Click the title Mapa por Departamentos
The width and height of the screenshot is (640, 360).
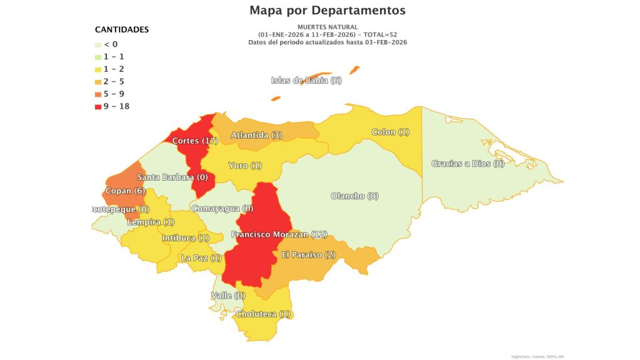click(327, 11)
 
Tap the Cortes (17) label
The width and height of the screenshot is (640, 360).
click(195, 141)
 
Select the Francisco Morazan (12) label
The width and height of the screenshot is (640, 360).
click(279, 234)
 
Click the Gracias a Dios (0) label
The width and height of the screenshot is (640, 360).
click(467, 164)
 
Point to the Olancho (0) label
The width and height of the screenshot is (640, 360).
click(354, 196)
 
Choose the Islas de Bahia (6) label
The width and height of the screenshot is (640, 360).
click(306, 80)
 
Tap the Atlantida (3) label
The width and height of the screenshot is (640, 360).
click(257, 135)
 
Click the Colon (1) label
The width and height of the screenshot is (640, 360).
click(390, 132)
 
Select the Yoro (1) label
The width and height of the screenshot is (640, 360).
click(245, 166)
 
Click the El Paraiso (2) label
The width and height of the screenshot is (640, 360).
click(309, 254)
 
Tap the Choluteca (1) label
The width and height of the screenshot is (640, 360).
click(263, 314)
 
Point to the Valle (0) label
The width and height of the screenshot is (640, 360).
click(228, 295)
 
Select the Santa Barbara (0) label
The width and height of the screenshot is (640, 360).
click(172, 177)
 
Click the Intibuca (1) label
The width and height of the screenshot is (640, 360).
click(186, 238)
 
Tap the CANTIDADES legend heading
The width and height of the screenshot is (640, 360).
click(122, 29)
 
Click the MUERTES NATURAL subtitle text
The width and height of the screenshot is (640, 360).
click(327, 27)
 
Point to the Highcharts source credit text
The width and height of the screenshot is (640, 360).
click(537, 356)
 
